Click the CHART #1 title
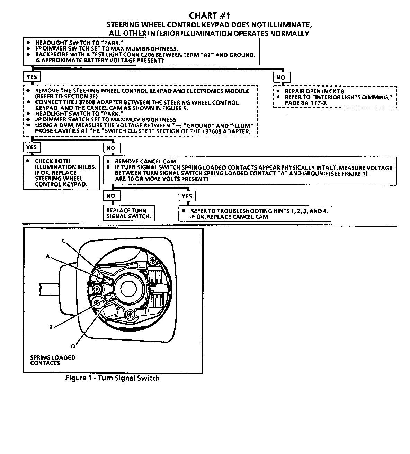point(210,16)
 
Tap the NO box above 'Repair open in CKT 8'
point(280,77)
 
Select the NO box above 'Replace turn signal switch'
point(110,196)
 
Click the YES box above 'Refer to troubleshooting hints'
point(187,196)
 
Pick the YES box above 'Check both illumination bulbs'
point(31,147)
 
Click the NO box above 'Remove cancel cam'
point(111,148)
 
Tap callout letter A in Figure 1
point(48,256)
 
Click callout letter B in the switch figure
point(51,327)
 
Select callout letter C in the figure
point(64,241)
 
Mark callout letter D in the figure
point(73,346)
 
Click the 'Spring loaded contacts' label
point(53,360)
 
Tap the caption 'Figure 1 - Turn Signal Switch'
point(113,378)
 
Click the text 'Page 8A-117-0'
point(306,103)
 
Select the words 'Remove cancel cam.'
point(146,161)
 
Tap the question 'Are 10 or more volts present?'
point(162,179)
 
